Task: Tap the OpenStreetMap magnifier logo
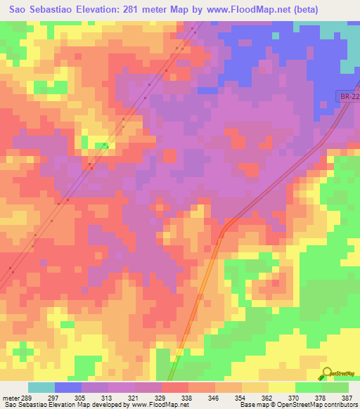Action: pos(326,374)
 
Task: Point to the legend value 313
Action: pos(107,397)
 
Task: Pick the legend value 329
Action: pos(160,397)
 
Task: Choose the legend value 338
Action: pos(186,397)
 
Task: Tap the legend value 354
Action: pos(240,397)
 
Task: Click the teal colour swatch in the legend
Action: pos(41,387)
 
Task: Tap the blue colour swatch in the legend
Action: pos(67,387)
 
